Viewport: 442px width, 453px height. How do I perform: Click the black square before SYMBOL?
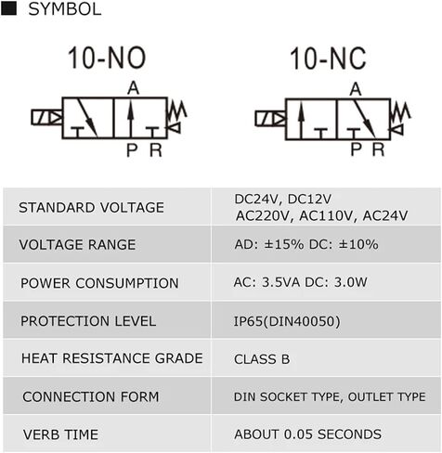coord(8,8)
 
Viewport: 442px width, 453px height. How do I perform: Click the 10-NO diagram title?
coord(107,58)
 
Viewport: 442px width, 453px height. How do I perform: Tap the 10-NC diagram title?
coord(328,58)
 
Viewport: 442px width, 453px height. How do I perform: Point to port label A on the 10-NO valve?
coord(134,88)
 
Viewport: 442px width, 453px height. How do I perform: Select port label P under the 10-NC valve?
coord(357,149)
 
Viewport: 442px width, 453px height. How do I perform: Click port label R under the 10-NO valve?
coord(156,150)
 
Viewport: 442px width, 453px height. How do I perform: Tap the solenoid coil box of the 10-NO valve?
coord(46,117)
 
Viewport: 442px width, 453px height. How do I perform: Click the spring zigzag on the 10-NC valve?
coord(400,112)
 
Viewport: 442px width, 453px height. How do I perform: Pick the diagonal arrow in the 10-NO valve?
coord(87,118)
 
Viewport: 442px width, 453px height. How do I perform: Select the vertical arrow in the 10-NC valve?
coord(301,122)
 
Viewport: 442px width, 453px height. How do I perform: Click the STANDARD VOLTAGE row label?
coord(91,207)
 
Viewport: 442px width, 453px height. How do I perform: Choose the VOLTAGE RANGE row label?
coord(77,245)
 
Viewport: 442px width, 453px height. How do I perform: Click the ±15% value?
coord(284,244)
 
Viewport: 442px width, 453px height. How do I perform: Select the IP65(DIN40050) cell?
coord(287,321)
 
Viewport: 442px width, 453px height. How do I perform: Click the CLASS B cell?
coord(262,359)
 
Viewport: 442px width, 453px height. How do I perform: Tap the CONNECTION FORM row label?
coord(91,397)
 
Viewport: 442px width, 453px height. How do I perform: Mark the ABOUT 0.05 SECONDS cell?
coord(307,434)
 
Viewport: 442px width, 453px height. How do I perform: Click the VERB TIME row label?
coord(60,434)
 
